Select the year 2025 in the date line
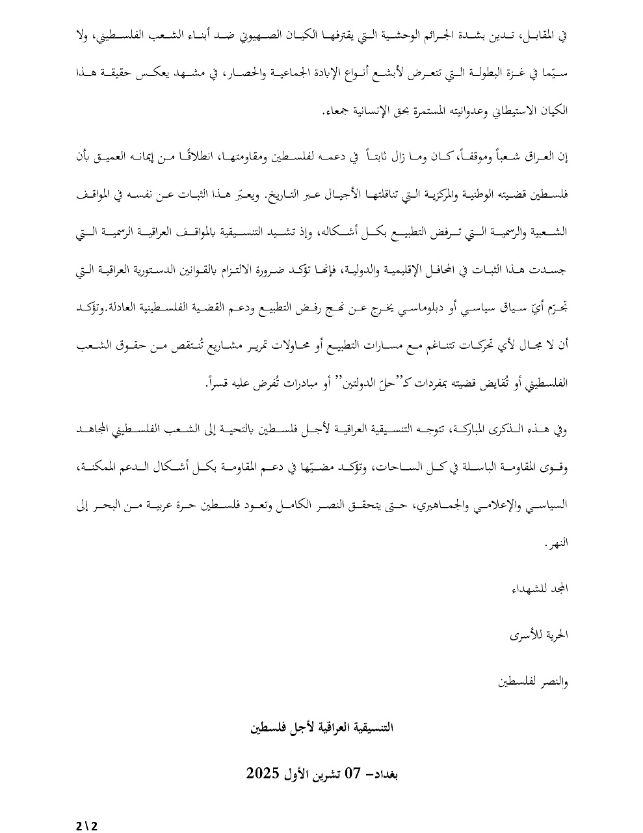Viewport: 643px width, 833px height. tap(263, 774)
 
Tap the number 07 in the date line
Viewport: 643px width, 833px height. tap(352, 774)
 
